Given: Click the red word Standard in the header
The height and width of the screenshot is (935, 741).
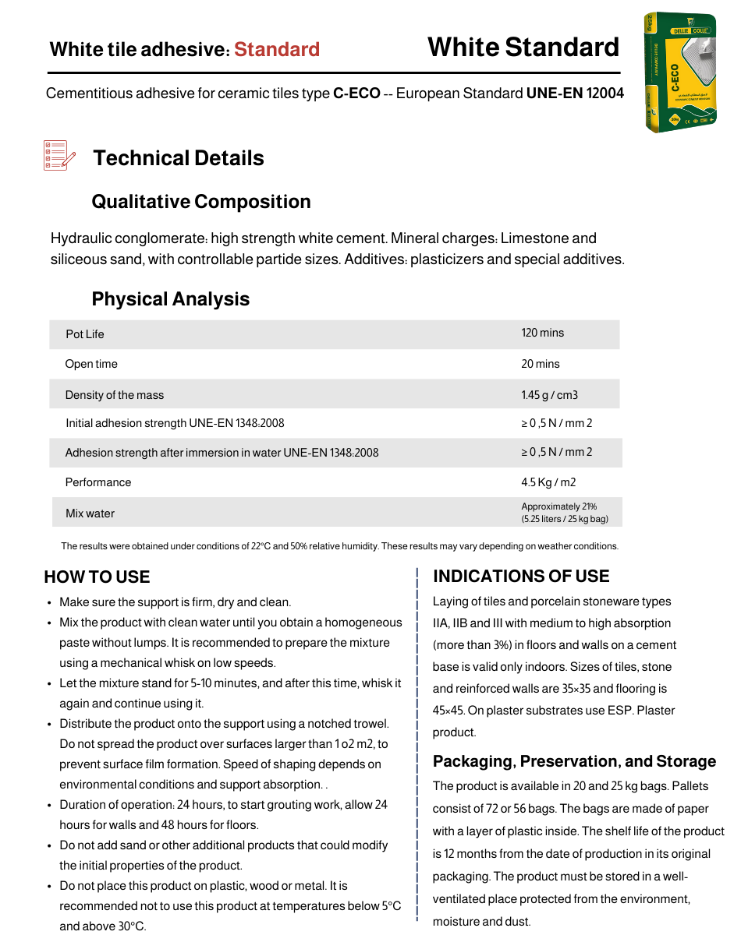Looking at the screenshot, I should [x=277, y=50].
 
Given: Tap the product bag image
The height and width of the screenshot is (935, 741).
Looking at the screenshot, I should [x=680, y=72].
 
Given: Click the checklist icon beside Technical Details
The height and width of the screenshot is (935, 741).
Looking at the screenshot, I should [x=59, y=156].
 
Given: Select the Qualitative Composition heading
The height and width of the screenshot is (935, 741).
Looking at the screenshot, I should [x=201, y=202].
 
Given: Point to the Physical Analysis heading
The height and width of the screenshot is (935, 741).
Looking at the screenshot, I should [x=171, y=299].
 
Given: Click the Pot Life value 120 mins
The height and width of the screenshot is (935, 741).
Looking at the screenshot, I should [x=542, y=333].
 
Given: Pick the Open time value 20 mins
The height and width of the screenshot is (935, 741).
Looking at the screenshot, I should [x=541, y=364].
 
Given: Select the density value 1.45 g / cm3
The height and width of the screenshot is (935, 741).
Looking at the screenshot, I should [x=549, y=395].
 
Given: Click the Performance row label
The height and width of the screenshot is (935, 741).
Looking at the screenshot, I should [x=98, y=482].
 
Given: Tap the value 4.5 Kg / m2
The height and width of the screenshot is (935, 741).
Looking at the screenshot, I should [x=548, y=482].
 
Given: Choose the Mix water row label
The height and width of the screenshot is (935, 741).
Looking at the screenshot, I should [x=90, y=513].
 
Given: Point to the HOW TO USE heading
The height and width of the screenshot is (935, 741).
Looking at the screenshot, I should [x=97, y=577].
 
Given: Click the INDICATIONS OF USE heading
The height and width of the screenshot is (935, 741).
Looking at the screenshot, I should [x=521, y=577].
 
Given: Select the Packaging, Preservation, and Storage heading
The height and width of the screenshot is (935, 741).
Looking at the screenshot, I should [x=574, y=761].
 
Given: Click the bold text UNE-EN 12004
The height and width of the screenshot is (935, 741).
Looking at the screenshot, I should [x=575, y=93].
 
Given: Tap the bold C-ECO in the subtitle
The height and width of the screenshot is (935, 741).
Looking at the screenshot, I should [x=356, y=93].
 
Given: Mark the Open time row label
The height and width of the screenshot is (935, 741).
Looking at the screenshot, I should [x=91, y=364].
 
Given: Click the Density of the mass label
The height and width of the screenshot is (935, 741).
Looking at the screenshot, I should [x=115, y=395].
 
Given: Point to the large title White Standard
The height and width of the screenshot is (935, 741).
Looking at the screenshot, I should [x=523, y=48].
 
